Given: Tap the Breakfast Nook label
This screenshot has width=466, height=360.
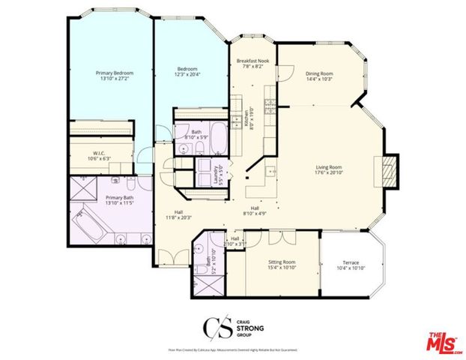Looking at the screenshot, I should [252, 60].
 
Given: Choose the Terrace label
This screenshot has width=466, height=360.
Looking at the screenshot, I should [348, 263].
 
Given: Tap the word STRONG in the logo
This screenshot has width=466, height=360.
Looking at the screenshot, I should [245, 328].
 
